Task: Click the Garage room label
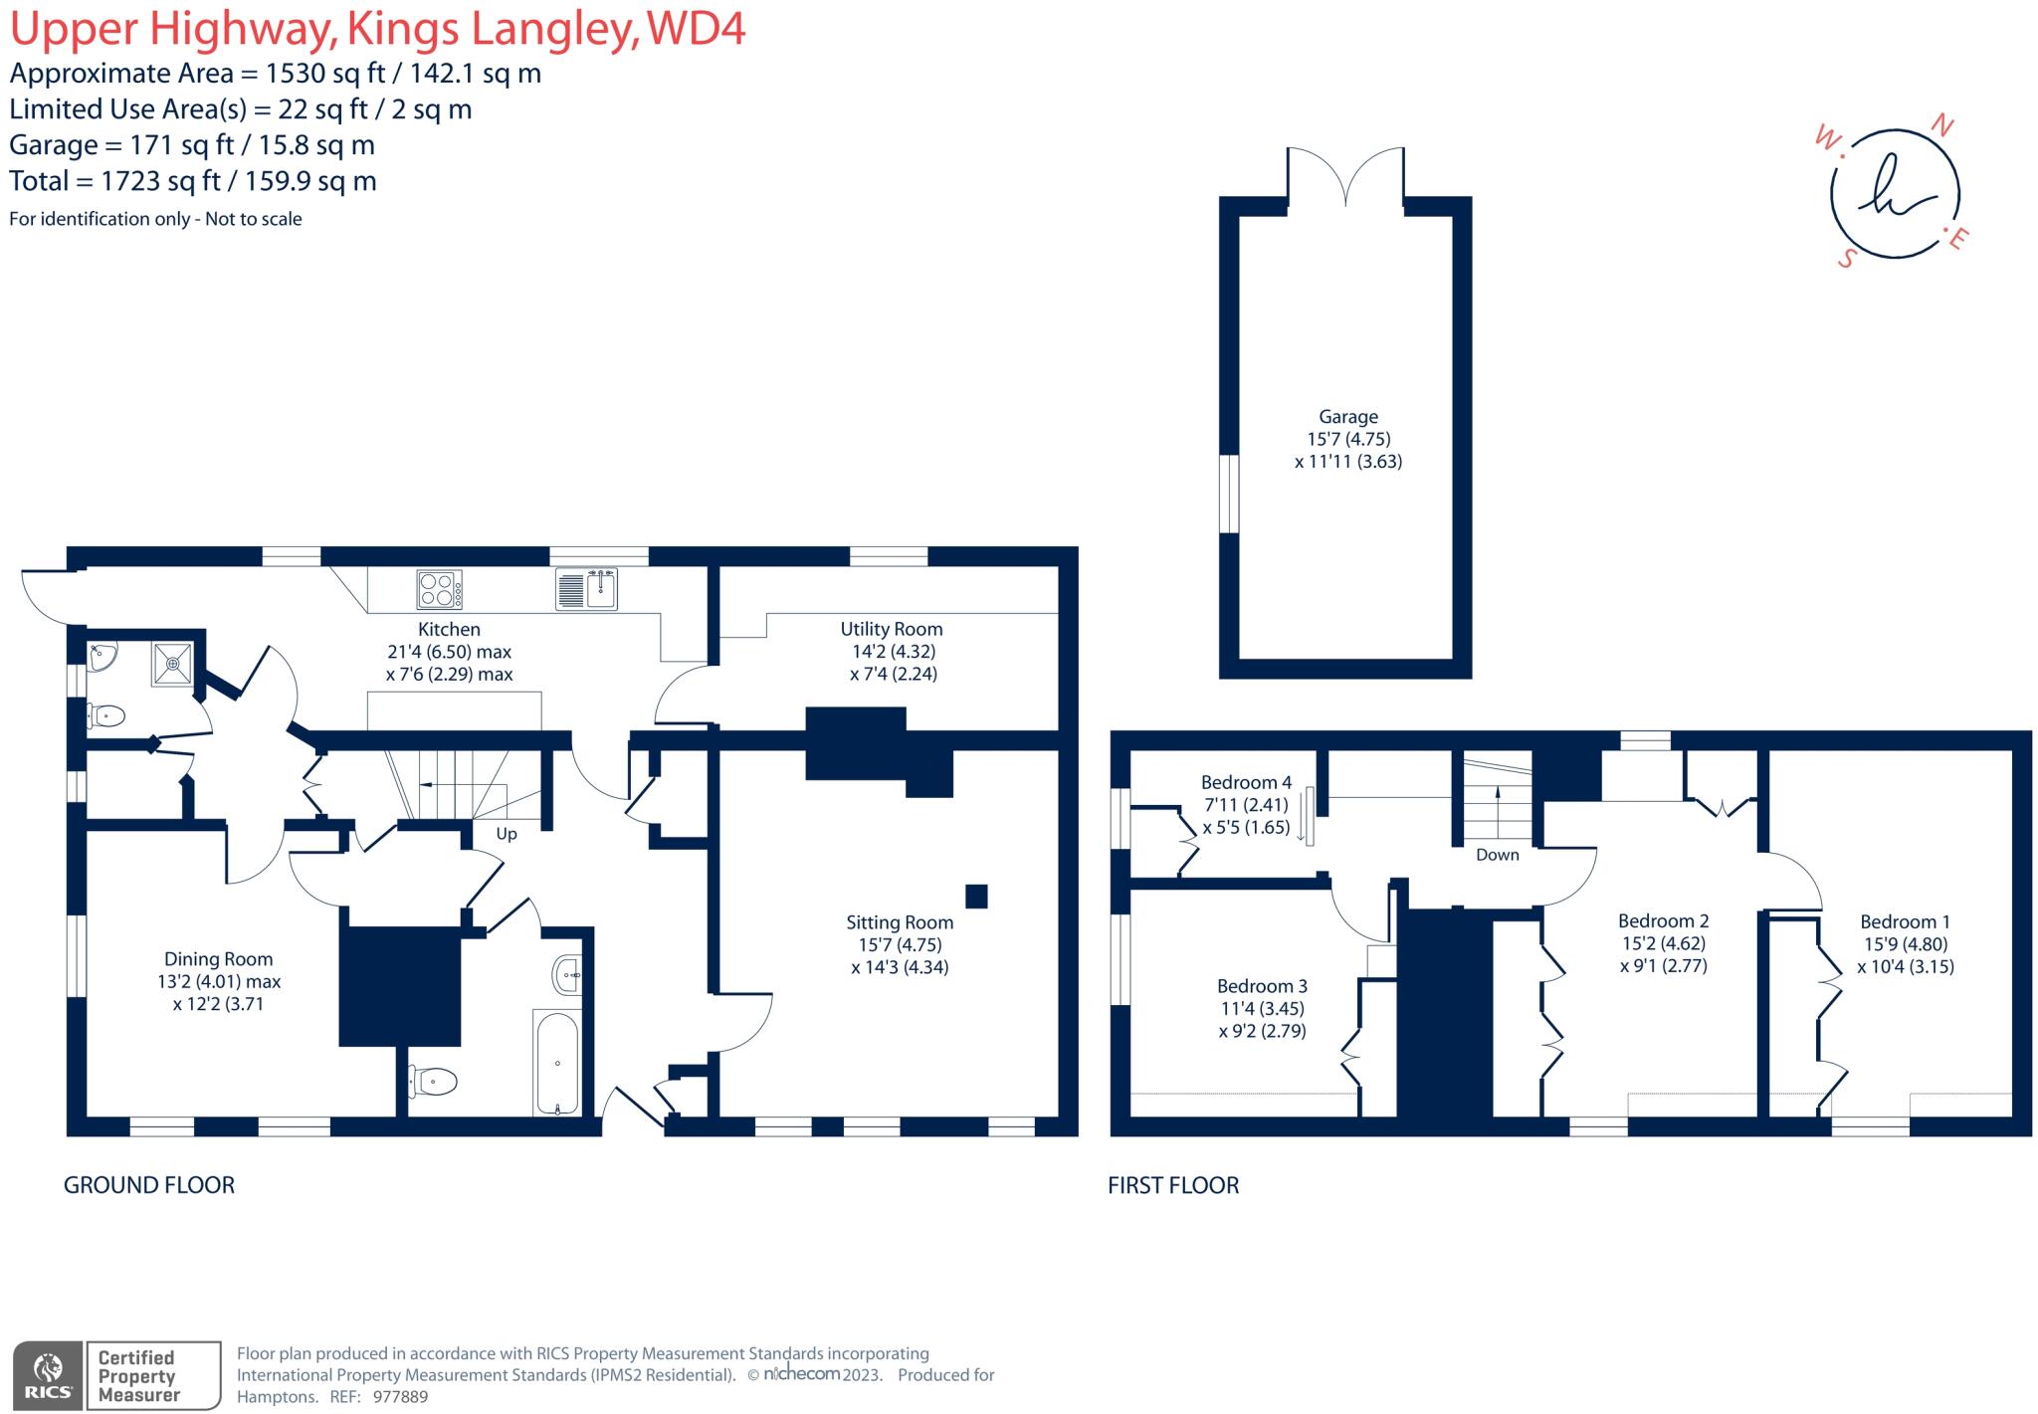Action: point(1348,417)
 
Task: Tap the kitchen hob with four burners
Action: point(439,589)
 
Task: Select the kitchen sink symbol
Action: point(586,589)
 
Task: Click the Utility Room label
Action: point(891,629)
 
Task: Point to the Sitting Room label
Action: point(900,922)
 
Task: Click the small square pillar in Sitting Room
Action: point(976,896)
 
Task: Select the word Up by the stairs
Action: point(507,834)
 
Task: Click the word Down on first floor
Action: point(1497,855)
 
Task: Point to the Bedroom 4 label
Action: point(1246,782)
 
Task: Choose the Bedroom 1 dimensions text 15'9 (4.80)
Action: point(1906,944)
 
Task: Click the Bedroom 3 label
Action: point(1262,986)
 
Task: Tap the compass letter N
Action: point(1941,126)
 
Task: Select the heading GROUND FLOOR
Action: point(149,1185)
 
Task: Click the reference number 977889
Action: point(400,1396)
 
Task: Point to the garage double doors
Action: point(1345,177)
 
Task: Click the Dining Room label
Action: point(218,959)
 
